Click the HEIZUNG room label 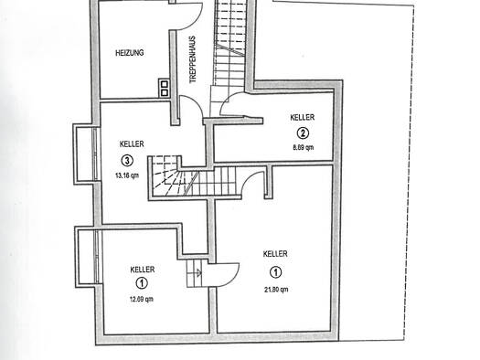[130, 53]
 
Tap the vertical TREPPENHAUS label [192, 59]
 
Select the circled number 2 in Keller [303, 133]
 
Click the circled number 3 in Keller [127, 161]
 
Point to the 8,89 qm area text [304, 147]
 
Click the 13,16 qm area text [127, 175]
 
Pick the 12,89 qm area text [142, 299]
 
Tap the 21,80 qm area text [276, 290]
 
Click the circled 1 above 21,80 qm [276, 272]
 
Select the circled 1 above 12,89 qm [142, 283]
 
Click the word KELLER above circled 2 [302, 117]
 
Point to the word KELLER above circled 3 [132, 143]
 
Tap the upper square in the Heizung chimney [165, 84]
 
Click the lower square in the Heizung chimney [165, 92]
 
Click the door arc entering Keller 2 [225, 101]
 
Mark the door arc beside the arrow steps [231, 277]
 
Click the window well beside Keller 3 [85, 154]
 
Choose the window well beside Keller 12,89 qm [87, 257]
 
